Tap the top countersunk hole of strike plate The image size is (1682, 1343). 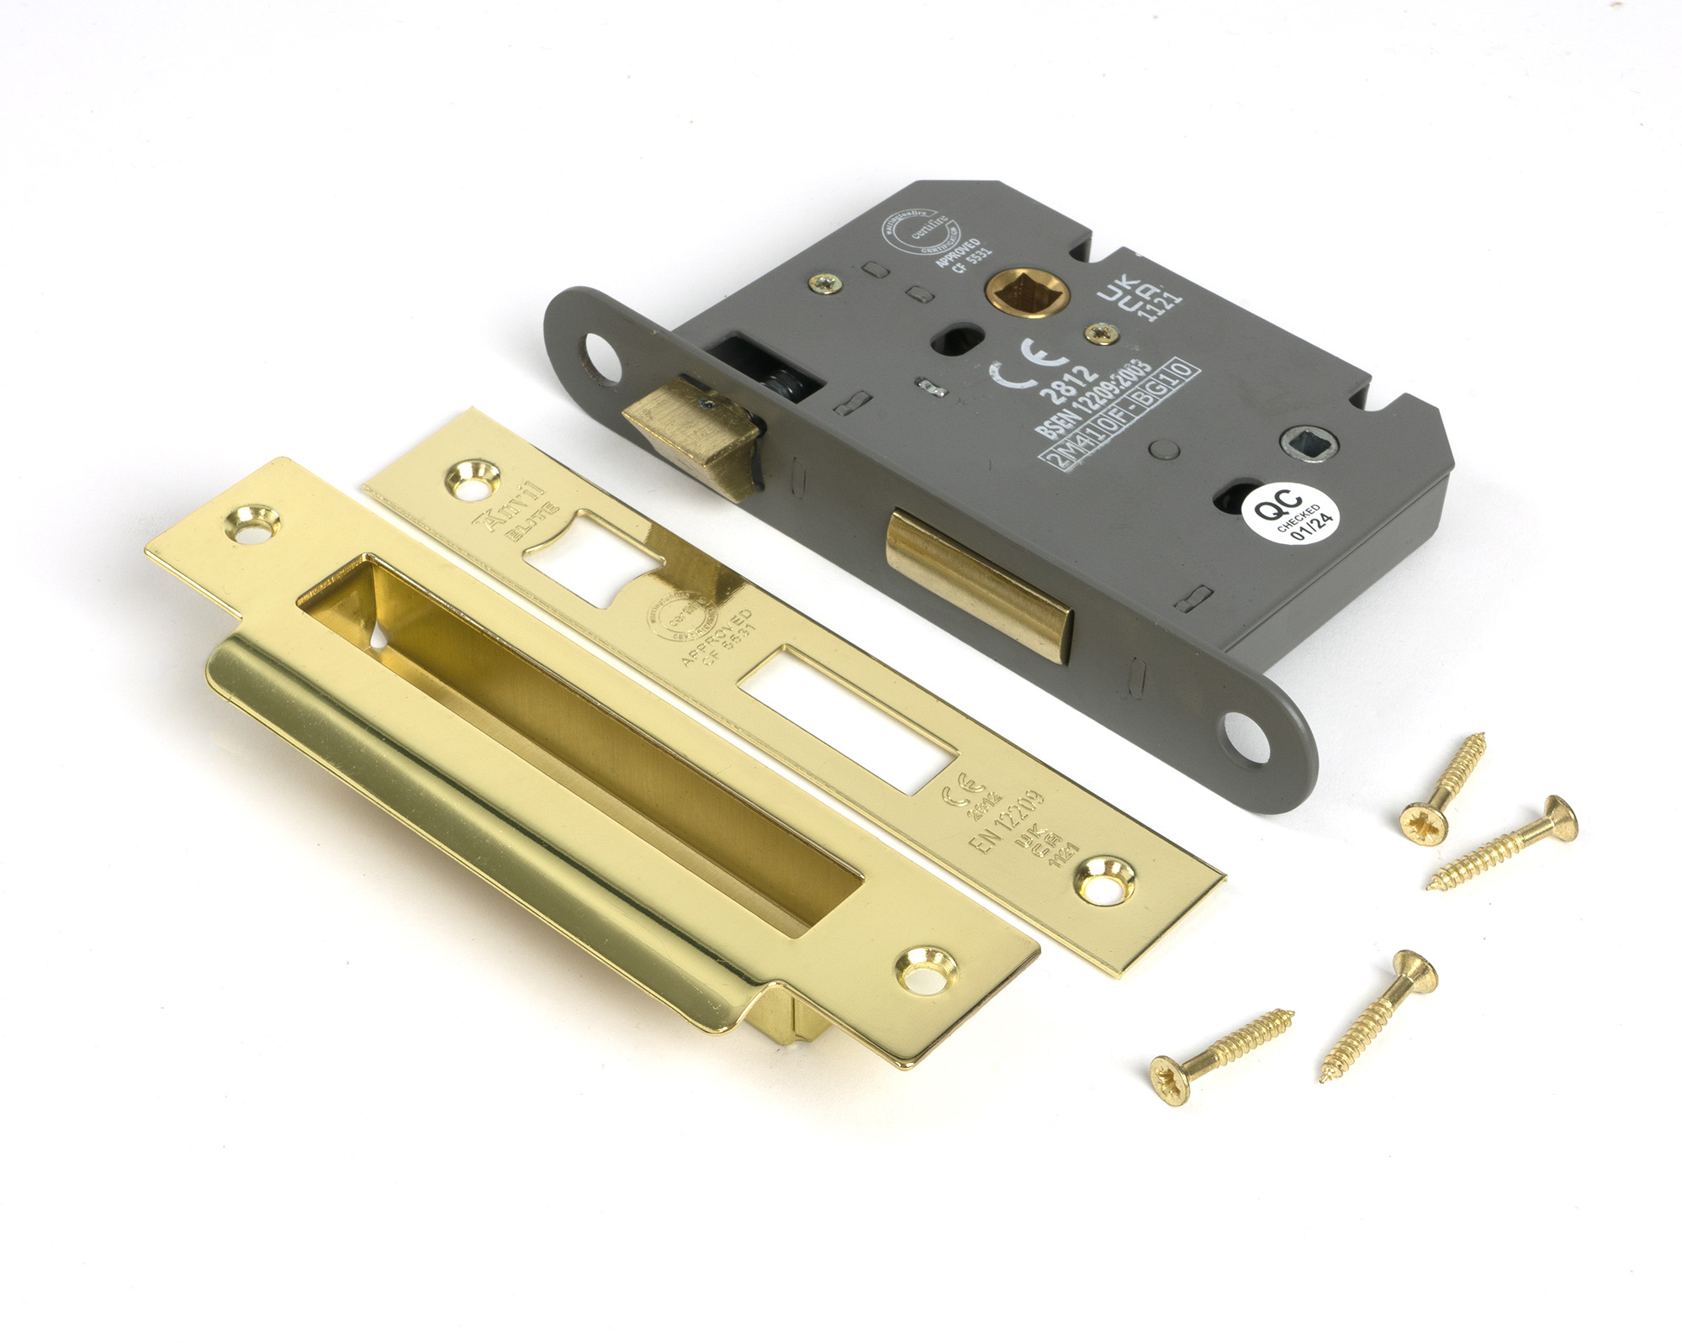pos(254,523)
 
